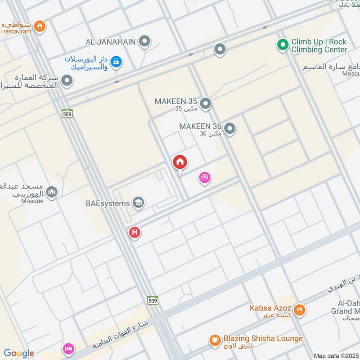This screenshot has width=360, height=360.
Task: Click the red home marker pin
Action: pos(180,162)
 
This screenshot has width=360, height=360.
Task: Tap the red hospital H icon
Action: pos(134,232)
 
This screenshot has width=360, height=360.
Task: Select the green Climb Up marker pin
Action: pos(282,45)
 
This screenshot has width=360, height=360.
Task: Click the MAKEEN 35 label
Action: pos(176,101)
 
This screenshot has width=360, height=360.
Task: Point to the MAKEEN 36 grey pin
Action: pos(230,129)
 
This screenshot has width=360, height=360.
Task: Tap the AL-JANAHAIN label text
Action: pos(111,42)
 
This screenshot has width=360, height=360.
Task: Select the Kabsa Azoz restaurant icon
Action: pos(299,309)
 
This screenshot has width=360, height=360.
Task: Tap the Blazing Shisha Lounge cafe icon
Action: pos(215,340)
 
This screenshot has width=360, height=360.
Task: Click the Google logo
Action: pos(19,353)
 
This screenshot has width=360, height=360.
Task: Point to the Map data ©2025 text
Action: pos(335,355)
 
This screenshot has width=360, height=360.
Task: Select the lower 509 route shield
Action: pos(152,300)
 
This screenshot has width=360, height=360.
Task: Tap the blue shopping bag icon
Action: pos(116,62)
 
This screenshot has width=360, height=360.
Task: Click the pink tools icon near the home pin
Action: pos(205,178)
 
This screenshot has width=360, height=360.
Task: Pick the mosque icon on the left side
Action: pos(52,192)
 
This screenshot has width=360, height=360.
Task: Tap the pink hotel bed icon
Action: pos(68,349)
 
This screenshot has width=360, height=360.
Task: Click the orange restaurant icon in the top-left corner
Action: pos(40,27)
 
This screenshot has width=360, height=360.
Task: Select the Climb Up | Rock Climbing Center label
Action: pos(319,45)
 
